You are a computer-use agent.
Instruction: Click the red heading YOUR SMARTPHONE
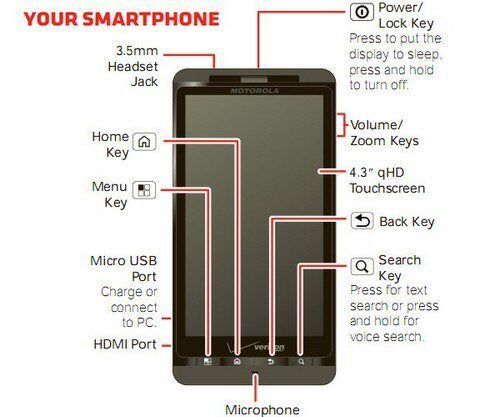coord(122,19)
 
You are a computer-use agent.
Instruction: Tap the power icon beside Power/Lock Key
coord(362,12)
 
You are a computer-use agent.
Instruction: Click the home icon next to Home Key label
coord(144,142)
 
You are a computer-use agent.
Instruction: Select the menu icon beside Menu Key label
coord(144,190)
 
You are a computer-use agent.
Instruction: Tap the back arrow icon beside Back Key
coord(362,221)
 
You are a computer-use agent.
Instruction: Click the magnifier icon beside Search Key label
coord(362,266)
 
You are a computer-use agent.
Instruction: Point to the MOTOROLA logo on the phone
coord(254,91)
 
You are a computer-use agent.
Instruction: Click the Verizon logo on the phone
coord(256,347)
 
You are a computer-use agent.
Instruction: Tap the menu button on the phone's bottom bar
coord(208,362)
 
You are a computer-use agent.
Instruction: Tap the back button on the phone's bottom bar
coord(271,362)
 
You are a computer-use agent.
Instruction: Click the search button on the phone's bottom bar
coord(301,362)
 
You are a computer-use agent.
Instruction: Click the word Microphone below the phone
coord(262,410)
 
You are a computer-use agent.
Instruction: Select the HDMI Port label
coord(125,344)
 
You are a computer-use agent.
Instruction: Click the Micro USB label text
coord(124,261)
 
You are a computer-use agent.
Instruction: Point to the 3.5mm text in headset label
coord(137,51)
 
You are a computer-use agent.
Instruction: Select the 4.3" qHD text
coord(377,172)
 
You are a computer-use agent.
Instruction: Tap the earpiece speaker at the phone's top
coord(254,79)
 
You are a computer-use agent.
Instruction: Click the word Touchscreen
coord(387,188)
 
